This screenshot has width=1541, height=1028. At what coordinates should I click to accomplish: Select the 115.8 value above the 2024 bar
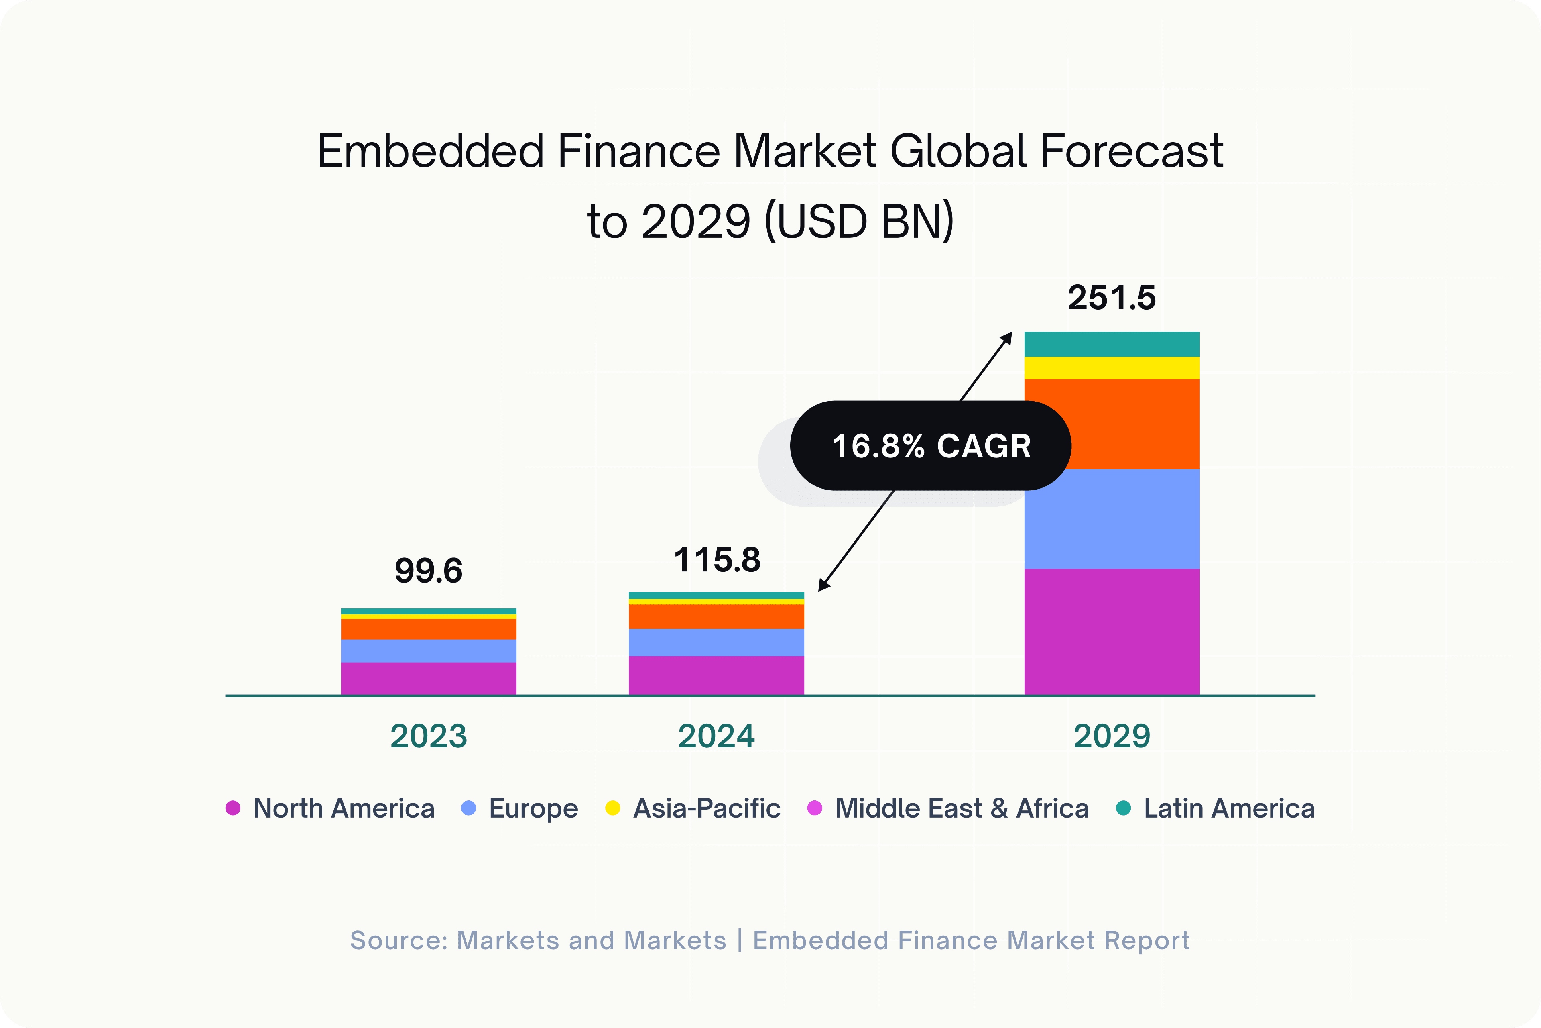click(717, 560)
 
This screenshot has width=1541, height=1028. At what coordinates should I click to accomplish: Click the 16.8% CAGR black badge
click(930, 446)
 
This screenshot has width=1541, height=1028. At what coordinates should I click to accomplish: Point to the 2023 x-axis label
click(429, 736)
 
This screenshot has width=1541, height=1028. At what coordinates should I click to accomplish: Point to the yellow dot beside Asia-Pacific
click(613, 808)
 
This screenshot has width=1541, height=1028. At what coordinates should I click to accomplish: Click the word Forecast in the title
click(1131, 151)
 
